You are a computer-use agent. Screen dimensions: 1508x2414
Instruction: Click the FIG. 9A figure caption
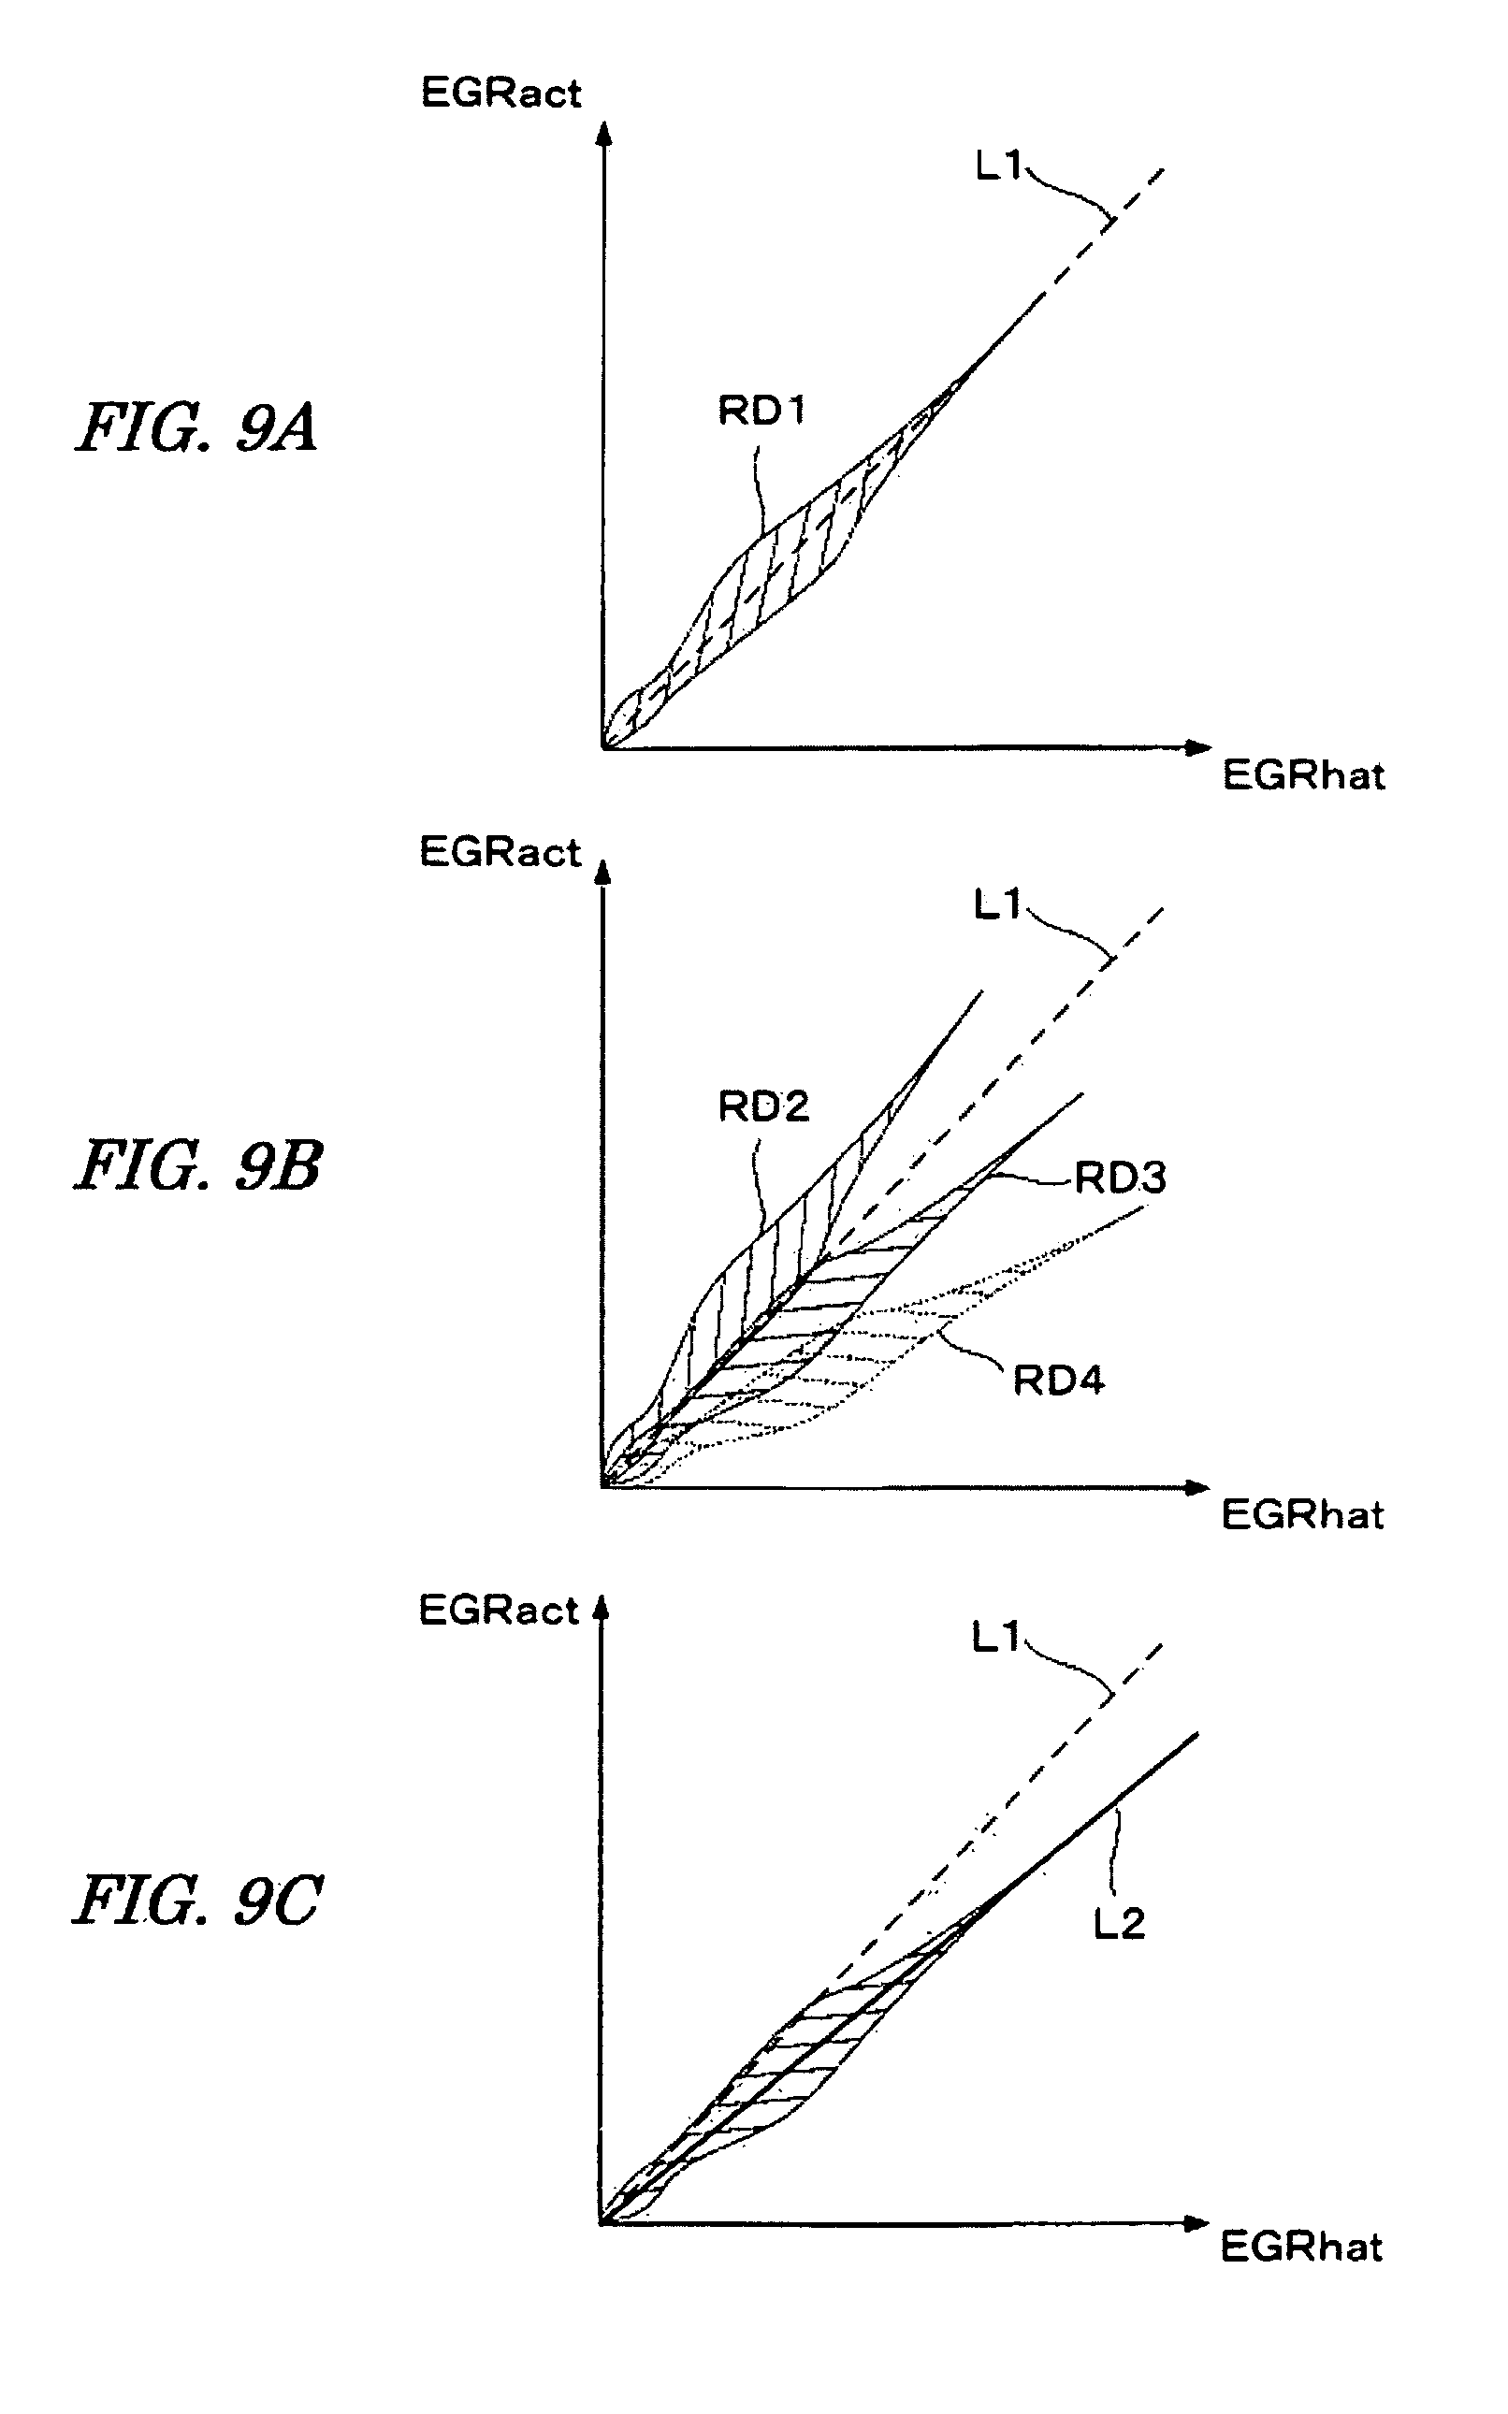tap(197, 428)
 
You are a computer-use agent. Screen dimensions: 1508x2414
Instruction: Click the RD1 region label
tap(762, 410)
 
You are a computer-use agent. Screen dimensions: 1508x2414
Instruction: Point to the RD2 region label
tap(763, 1106)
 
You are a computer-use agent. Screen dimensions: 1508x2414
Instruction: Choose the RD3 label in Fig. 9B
tap(1120, 1178)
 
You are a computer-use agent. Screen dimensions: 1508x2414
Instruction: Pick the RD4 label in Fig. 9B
tap(1058, 1381)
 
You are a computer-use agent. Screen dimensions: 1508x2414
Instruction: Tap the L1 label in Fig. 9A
tap(998, 166)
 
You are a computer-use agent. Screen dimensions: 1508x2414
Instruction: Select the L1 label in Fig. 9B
tap(997, 905)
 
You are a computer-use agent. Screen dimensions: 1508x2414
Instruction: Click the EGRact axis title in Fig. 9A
tap(500, 93)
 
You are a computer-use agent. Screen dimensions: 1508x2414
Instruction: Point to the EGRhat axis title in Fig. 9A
tap(1303, 774)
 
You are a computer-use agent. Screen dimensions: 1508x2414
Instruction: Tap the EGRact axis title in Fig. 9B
tap(500, 853)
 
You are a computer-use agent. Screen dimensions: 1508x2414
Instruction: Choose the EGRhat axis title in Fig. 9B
tap(1302, 1514)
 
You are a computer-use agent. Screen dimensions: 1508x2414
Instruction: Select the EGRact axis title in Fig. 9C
tap(499, 1611)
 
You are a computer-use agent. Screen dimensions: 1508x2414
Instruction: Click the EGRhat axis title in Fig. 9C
tap(1301, 2247)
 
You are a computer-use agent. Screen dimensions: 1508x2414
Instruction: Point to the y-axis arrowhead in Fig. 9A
tap(602, 134)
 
